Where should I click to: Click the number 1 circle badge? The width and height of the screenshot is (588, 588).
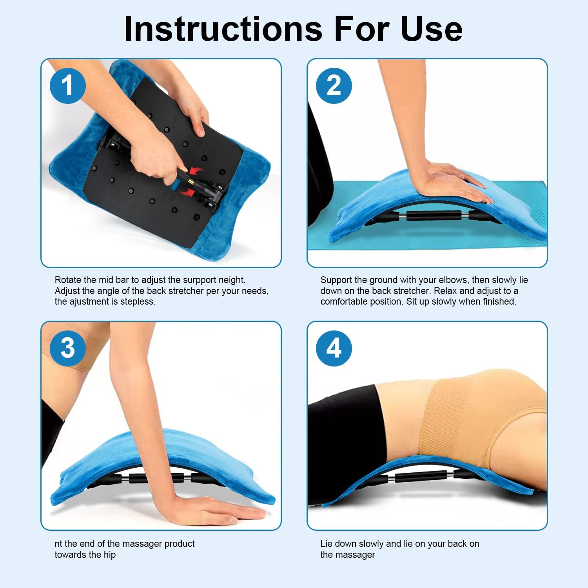click(x=67, y=85)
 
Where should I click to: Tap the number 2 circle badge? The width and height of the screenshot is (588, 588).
click(x=334, y=85)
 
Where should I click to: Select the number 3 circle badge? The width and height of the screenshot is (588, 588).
click(x=67, y=348)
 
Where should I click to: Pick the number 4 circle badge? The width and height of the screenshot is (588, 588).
click(x=334, y=348)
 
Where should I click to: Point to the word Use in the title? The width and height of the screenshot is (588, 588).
click(x=431, y=29)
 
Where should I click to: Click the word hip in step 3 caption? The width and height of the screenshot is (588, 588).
click(x=110, y=555)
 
